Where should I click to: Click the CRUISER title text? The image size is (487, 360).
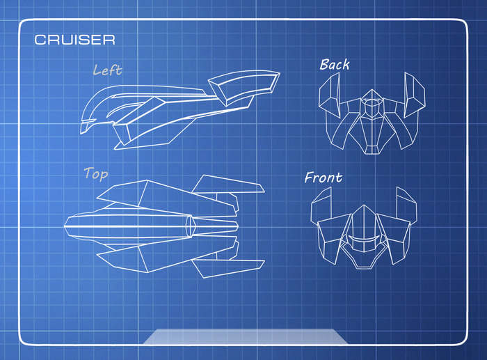click(x=74, y=40)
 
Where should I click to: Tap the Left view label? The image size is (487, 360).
click(x=107, y=70)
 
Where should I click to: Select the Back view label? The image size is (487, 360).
click(x=334, y=65)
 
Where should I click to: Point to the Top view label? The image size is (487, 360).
click(x=95, y=173)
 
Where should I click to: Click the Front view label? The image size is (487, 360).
click(x=324, y=178)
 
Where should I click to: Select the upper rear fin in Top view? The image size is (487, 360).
click(x=227, y=185)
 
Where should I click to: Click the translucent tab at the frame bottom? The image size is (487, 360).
click(x=245, y=336)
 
